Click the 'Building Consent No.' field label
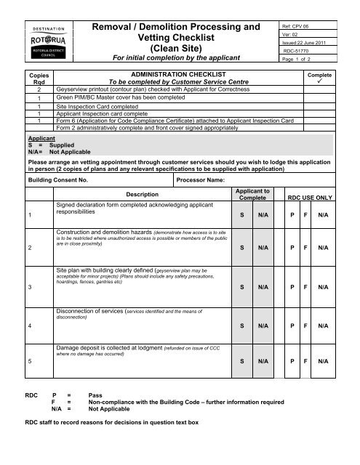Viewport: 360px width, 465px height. pyautogui.click(x=57, y=178)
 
